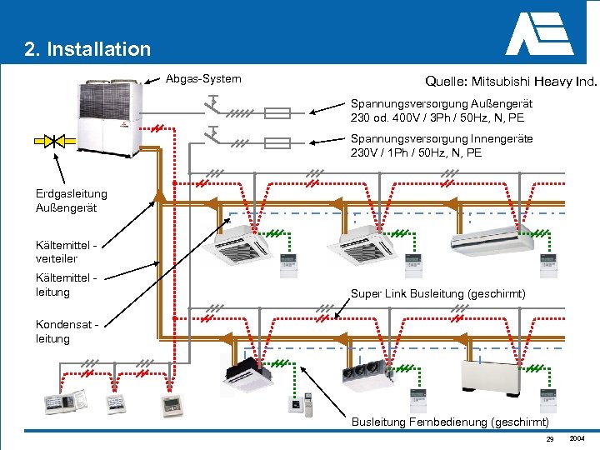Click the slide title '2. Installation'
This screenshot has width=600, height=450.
coord(87,49)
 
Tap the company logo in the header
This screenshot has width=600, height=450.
coord(539,34)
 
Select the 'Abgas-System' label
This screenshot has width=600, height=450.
coord(203,79)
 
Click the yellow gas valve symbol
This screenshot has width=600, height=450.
coord(51,141)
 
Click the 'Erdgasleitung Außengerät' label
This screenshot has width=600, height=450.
coord(71,201)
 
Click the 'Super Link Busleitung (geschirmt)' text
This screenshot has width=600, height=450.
coord(437,293)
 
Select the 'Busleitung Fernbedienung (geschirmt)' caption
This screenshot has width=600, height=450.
coord(449,422)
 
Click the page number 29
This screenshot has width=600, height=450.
coord(549,439)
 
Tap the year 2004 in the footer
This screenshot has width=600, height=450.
coord(577,438)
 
